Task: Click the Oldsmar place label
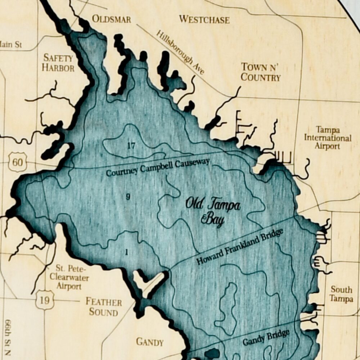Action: pos(112,19)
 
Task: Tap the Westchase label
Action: pos(204,19)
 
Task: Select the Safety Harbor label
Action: pos(58,63)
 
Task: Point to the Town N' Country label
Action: pos(261,72)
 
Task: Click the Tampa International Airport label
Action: pos(327,138)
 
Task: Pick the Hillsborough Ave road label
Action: pos(180,52)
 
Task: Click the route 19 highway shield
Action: pos(45,300)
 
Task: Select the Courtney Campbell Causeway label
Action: pos(158,168)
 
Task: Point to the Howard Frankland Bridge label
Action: pos(240,247)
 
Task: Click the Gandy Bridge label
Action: pos(266,337)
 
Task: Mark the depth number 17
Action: pos(131,146)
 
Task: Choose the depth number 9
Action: pos(128,197)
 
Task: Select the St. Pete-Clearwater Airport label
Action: pos(69,277)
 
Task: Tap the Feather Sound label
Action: pos(104,307)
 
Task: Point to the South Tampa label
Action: pos(341,294)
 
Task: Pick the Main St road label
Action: pos(11,45)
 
